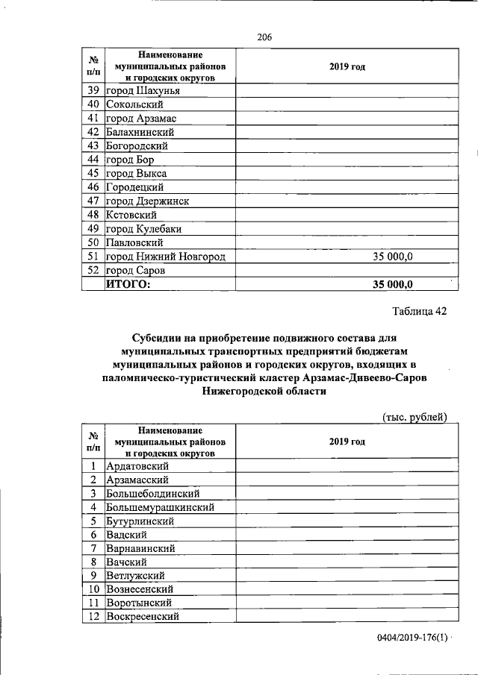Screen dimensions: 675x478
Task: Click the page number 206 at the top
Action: [263, 37]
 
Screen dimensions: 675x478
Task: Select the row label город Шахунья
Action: [143, 91]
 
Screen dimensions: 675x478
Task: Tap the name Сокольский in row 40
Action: [135, 104]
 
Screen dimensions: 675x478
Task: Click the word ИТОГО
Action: [128, 283]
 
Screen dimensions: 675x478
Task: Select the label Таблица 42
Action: [419, 311]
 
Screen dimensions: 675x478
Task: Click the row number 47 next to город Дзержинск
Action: [93, 201]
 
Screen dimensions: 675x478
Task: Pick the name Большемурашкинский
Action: [161, 507]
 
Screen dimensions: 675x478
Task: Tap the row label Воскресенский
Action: [143, 616]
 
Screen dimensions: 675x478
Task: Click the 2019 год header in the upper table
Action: [347, 67]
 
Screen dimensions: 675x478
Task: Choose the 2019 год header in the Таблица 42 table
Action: [347, 442]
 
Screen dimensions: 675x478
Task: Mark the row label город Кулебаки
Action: [143, 229]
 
